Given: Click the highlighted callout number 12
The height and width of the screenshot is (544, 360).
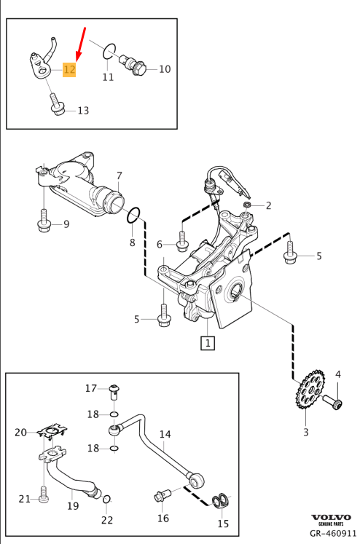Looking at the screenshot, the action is point(69,69).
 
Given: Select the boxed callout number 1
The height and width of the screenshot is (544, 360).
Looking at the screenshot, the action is point(208,343).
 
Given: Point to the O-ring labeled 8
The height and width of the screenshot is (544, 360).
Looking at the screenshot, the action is point(133,216).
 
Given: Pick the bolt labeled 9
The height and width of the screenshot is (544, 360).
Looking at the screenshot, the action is point(44,221).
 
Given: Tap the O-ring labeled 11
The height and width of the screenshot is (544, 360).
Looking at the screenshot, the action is point(109,52).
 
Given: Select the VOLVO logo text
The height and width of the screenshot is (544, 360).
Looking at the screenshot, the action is point(331,517).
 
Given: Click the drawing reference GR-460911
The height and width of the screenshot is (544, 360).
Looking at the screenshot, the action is point(333,533).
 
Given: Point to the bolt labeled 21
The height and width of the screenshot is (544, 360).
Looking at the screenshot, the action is point(44,494).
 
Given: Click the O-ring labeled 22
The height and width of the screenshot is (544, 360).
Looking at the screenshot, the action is point(107,499).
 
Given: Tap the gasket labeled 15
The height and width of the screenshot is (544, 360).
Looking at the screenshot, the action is point(221,501).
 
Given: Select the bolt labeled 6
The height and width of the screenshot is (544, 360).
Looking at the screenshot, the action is point(182,241).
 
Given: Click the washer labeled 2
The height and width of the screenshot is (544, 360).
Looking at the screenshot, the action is point(247,205).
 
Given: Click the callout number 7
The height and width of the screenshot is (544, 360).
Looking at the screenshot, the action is point(120,176).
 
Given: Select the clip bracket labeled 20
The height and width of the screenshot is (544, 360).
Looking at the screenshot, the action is point(52,433).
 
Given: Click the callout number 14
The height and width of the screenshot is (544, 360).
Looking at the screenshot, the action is point(165,434).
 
